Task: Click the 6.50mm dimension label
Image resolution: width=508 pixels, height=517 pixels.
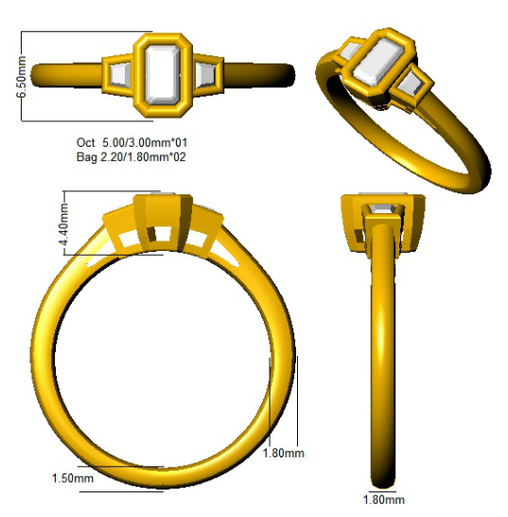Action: [22, 77]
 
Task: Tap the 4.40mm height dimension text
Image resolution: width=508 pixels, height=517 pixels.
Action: [63, 223]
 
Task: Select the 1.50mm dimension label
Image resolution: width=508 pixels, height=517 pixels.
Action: [73, 478]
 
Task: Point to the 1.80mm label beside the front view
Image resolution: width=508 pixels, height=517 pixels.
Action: [283, 453]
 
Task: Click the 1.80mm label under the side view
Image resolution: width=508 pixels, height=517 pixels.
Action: [384, 500]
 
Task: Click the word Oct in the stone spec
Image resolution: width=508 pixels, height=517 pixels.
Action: [86, 142]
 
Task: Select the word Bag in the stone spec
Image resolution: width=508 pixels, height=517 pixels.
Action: [87, 156]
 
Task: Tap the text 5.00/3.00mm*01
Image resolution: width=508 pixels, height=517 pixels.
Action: [145, 142]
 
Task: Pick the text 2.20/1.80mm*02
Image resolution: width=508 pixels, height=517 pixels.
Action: [143, 156]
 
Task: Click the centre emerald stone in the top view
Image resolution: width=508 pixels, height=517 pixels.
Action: [163, 75]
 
